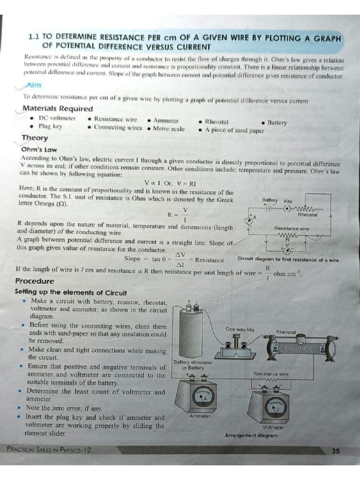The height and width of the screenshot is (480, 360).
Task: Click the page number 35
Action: [x=335, y=451]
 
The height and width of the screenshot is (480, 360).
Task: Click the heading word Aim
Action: [x=34, y=85]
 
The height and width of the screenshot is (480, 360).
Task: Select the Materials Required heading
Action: [x=58, y=109]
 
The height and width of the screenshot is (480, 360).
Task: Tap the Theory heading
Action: [x=35, y=138]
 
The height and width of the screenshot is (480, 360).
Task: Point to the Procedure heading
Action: [x=35, y=281]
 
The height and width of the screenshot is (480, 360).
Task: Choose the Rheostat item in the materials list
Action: [x=217, y=121]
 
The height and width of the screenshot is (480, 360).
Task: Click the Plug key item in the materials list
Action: [x=50, y=126]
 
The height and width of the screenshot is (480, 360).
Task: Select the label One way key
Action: [x=240, y=330]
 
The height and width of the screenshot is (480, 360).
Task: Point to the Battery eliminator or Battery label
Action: [x=193, y=365]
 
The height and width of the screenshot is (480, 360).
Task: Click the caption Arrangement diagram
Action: [x=251, y=435]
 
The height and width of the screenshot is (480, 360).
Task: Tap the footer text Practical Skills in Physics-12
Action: [x=49, y=450]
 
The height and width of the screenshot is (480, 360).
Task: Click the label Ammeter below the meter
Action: [x=200, y=415]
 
